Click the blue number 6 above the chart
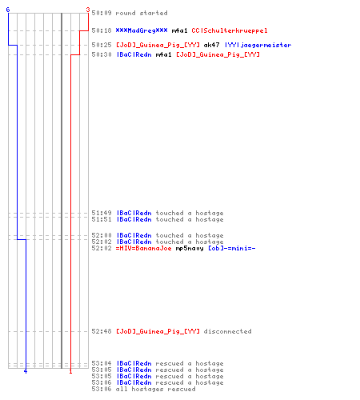click(x=8, y=10)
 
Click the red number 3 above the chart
click(x=88, y=10)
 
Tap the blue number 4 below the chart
click(x=26, y=371)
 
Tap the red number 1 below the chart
click(x=70, y=371)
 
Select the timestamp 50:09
click(x=102, y=13)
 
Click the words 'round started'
click(x=142, y=13)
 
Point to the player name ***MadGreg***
click(x=142, y=30)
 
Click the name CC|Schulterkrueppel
click(x=230, y=30)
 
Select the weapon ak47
click(x=211, y=45)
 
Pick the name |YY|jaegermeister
click(x=258, y=45)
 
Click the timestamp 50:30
click(x=102, y=54)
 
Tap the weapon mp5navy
click(x=190, y=249)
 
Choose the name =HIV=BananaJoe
click(x=143, y=249)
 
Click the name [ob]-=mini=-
click(x=231, y=249)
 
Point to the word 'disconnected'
click(x=227, y=331)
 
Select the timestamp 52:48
click(x=102, y=331)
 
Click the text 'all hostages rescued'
click(x=155, y=389)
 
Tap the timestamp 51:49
click(x=102, y=213)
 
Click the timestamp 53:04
click(x=102, y=363)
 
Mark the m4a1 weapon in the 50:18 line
click(x=179, y=30)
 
